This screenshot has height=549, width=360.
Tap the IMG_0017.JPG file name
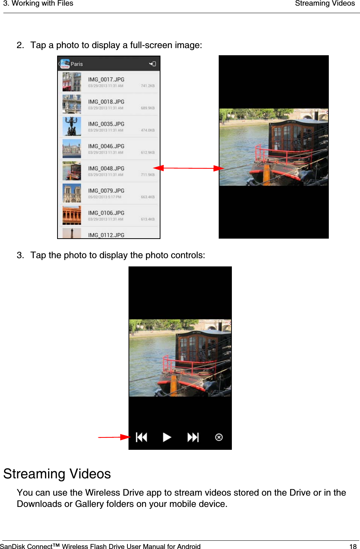click(106, 80)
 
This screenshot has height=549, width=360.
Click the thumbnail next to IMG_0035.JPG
click(72, 126)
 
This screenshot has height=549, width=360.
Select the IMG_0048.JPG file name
click(106, 168)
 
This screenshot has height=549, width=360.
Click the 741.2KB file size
click(148, 86)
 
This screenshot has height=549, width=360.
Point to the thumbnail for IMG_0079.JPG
click(72, 193)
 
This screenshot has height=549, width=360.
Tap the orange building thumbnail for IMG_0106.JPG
click(72, 215)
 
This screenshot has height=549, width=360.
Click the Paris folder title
click(77, 64)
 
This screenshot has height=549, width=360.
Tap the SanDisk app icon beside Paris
click(65, 64)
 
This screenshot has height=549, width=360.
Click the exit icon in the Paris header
click(152, 64)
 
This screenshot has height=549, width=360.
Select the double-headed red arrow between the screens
click(189, 168)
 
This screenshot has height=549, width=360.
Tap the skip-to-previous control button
click(142, 437)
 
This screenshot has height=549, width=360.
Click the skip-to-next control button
click(193, 437)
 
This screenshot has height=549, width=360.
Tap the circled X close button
click(219, 437)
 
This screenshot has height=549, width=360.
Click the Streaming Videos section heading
click(57, 474)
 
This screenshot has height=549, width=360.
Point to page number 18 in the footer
click(353, 546)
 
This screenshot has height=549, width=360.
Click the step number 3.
click(20, 256)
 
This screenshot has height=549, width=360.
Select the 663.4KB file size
click(148, 197)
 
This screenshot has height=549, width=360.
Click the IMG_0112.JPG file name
click(106, 235)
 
